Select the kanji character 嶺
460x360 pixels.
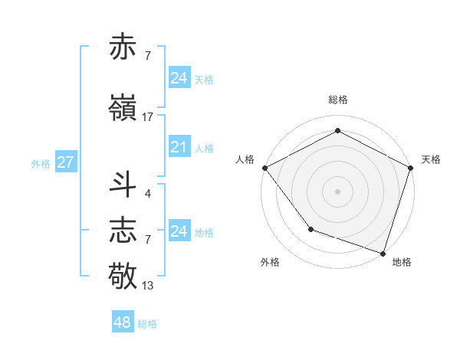(123, 107)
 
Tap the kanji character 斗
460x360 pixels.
(123, 185)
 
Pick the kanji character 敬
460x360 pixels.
(123, 274)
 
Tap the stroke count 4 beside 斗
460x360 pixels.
(147, 193)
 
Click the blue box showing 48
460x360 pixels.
(123, 322)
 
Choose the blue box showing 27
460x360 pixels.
(65, 162)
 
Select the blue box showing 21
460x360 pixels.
(179, 147)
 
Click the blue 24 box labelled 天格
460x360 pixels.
(179, 77)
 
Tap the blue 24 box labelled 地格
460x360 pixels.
(179, 231)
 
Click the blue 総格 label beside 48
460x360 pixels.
(147, 323)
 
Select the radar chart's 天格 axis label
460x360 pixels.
(431, 159)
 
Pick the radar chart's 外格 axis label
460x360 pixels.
(270, 263)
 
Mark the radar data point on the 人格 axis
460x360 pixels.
(264, 167)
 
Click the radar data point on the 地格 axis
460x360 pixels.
(383, 252)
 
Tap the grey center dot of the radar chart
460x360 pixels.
(337, 191)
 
